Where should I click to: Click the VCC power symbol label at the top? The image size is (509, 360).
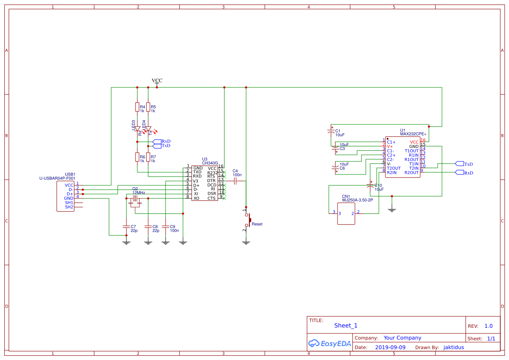click(x=157, y=81)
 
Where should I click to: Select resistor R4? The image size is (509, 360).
click(x=137, y=107)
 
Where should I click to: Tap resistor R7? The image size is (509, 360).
click(x=148, y=157)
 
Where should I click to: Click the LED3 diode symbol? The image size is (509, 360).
click(x=137, y=128)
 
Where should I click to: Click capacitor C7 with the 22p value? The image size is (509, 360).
click(x=126, y=226)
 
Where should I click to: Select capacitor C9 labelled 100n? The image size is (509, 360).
click(x=165, y=226)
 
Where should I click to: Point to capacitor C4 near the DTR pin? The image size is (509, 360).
click(x=235, y=180)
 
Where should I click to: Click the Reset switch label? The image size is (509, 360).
click(x=257, y=224)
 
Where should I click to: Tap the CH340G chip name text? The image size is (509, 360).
click(x=210, y=163)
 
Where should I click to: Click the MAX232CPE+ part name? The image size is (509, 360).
click(x=413, y=134)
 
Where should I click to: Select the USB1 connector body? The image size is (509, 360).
click(x=65, y=196)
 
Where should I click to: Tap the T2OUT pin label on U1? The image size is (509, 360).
click(x=394, y=168)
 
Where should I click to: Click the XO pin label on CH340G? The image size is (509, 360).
click(x=196, y=198)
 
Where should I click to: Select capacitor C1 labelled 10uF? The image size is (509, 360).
click(x=331, y=131)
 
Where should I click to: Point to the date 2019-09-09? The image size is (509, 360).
click(x=390, y=347)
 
